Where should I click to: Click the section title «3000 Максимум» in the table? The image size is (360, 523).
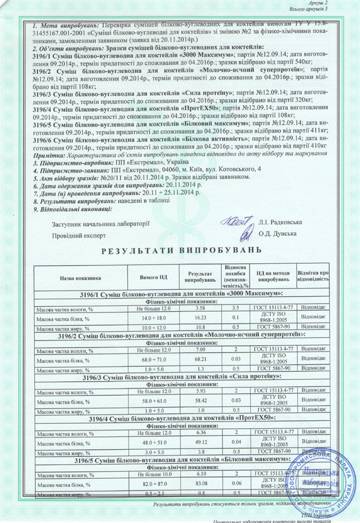pyautogui.click(x=182, y=295)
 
